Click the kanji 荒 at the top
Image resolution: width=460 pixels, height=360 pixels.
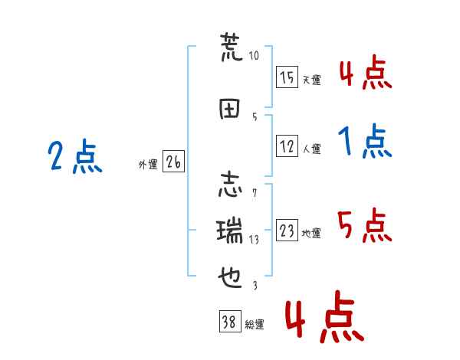click(231, 47)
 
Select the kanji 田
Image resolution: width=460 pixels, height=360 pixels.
click(229, 109)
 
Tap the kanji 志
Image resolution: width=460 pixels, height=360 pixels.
click(230, 185)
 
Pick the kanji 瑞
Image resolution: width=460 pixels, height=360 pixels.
click(229, 231)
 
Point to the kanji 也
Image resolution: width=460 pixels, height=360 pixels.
click(230, 277)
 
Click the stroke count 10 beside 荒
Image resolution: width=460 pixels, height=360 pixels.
click(254, 55)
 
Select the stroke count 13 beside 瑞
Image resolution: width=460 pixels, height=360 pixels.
click(254, 240)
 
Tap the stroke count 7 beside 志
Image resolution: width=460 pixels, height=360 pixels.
click(255, 193)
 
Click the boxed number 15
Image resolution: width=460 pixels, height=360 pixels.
click(287, 77)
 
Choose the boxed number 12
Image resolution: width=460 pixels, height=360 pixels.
click(287, 146)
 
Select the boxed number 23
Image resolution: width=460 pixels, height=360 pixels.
click(287, 230)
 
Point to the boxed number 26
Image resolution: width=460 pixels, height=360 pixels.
click(173, 162)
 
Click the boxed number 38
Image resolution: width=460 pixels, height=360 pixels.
click(230, 322)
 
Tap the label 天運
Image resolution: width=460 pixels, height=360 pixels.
click(312, 80)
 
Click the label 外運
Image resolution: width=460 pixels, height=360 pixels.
click(148, 165)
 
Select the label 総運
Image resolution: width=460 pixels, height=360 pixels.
click(255, 325)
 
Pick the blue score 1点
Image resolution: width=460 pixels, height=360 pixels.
click(365, 141)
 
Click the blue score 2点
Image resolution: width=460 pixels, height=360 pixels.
click(75, 156)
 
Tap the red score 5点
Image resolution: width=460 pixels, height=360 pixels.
click(365, 225)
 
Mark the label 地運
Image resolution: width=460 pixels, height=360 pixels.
click(311, 234)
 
